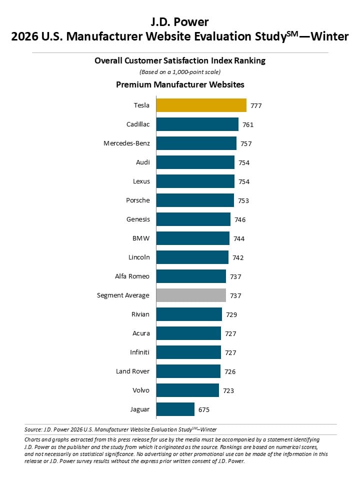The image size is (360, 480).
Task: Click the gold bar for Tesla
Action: [x=201, y=105]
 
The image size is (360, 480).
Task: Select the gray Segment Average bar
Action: [x=191, y=295]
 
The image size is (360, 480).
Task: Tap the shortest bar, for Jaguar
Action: [x=175, y=409]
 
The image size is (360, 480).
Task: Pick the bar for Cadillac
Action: [x=197, y=124]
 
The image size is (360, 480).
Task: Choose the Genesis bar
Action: [x=193, y=219]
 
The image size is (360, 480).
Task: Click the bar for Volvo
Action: [x=187, y=390]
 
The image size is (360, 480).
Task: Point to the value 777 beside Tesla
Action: [x=256, y=106]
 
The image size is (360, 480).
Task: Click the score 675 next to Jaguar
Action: [x=204, y=410]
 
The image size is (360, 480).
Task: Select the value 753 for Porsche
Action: [x=243, y=201]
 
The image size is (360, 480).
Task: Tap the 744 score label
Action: [x=239, y=239]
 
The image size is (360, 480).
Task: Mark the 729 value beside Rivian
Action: [x=231, y=314]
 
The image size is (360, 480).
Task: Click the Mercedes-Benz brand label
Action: [x=126, y=143]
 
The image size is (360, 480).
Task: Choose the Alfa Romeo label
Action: [x=132, y=276]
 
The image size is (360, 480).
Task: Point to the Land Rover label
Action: [x=132, y=371]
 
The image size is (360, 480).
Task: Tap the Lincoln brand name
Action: [x=139, y=257]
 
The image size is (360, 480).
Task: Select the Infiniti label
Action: [x=139, y=352]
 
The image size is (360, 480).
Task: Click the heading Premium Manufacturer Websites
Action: [x=180, y=84]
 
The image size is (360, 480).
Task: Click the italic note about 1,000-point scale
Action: [x=180, y=72]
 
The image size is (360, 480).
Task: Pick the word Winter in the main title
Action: [x=329, y=36]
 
